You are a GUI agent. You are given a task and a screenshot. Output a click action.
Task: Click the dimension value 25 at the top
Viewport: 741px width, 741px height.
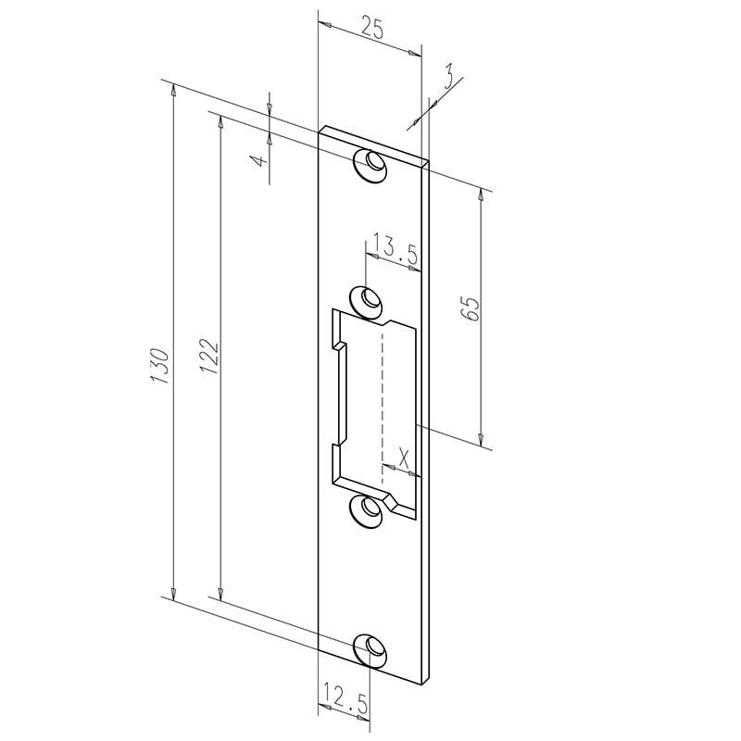(x=372, y=27)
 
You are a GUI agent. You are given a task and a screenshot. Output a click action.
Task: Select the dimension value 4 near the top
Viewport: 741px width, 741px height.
(x=260, y=160)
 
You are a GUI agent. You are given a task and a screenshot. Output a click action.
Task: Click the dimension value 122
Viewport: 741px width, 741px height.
(x=209, y=357)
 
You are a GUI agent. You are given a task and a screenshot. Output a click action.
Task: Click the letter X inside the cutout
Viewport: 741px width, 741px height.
(x=403, y=458)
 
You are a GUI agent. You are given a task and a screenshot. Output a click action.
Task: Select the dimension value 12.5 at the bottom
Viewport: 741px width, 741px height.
(x=345, y=696)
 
